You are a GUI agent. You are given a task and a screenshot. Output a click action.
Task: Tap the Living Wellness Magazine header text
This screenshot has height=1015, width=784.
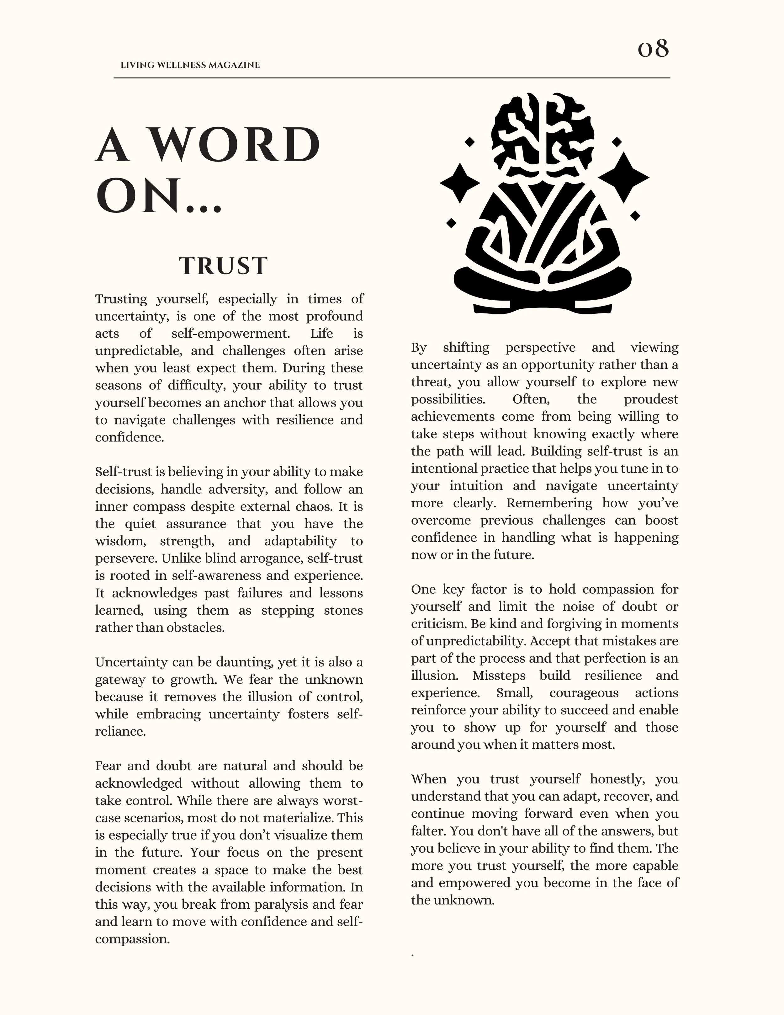pyautogui.click(x=190, y=65)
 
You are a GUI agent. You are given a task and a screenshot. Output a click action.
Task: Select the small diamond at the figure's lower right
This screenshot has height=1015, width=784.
pyautogui.click(x=635, y=216)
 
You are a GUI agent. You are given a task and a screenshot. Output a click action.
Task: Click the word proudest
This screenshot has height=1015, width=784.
pyautogui.click(x=651, y=399)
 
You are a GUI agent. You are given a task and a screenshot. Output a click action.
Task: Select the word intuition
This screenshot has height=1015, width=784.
pyautogui.click(x=476, y=486)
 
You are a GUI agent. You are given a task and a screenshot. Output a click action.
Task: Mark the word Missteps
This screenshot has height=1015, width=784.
pyautogui.click(x=499, y=675)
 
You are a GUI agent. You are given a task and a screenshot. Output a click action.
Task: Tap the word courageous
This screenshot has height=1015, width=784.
pyautogui.click(x=584, y=692)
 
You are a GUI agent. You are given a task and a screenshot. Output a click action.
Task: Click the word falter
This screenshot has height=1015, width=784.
pyautogui.click(x=428, y=831)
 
